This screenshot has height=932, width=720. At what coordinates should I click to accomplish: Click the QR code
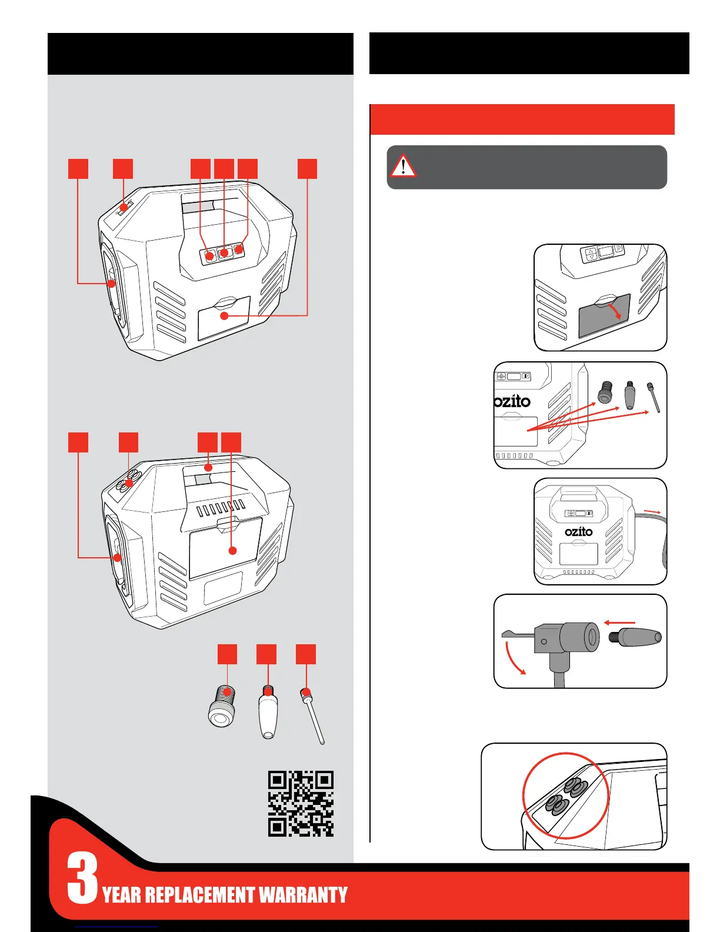pyautogui.click(x=301, y=803)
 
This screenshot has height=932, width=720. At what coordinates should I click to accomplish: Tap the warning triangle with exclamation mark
pyautogui.click(x=403, y=166)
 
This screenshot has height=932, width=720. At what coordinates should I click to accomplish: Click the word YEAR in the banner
pyautogui.click(x=122, y=895)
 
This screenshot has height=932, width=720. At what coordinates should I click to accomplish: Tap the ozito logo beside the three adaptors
pyautogui.click(x=512, y=401)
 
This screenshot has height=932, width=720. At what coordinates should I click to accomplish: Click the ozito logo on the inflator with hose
pyautogui.click(x=579, y=532)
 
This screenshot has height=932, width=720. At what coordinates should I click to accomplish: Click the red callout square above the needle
pyautogui.click(x=305, y=654)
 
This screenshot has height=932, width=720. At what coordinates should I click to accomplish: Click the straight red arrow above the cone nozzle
pyautogui.click(x=620, y=622)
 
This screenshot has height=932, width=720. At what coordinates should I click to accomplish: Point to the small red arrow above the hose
pyautogui.click(x=652, y=511)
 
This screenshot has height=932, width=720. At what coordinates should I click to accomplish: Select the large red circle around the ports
pyautogui.click(x=565, y=795)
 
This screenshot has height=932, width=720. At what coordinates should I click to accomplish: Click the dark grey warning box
pyautogui.click(x=526, y=167)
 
